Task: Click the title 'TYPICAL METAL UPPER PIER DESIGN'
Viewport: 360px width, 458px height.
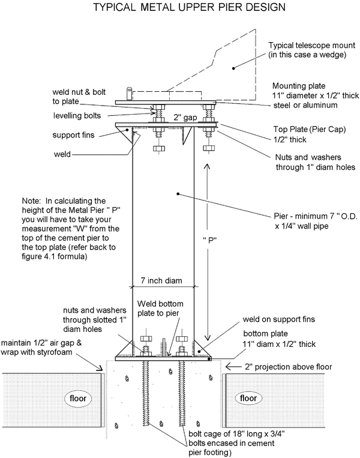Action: [x=180, y=8]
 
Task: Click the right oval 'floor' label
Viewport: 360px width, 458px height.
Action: [x=246, y=398]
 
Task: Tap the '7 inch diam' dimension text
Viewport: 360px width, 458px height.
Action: [x=162, y=280]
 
